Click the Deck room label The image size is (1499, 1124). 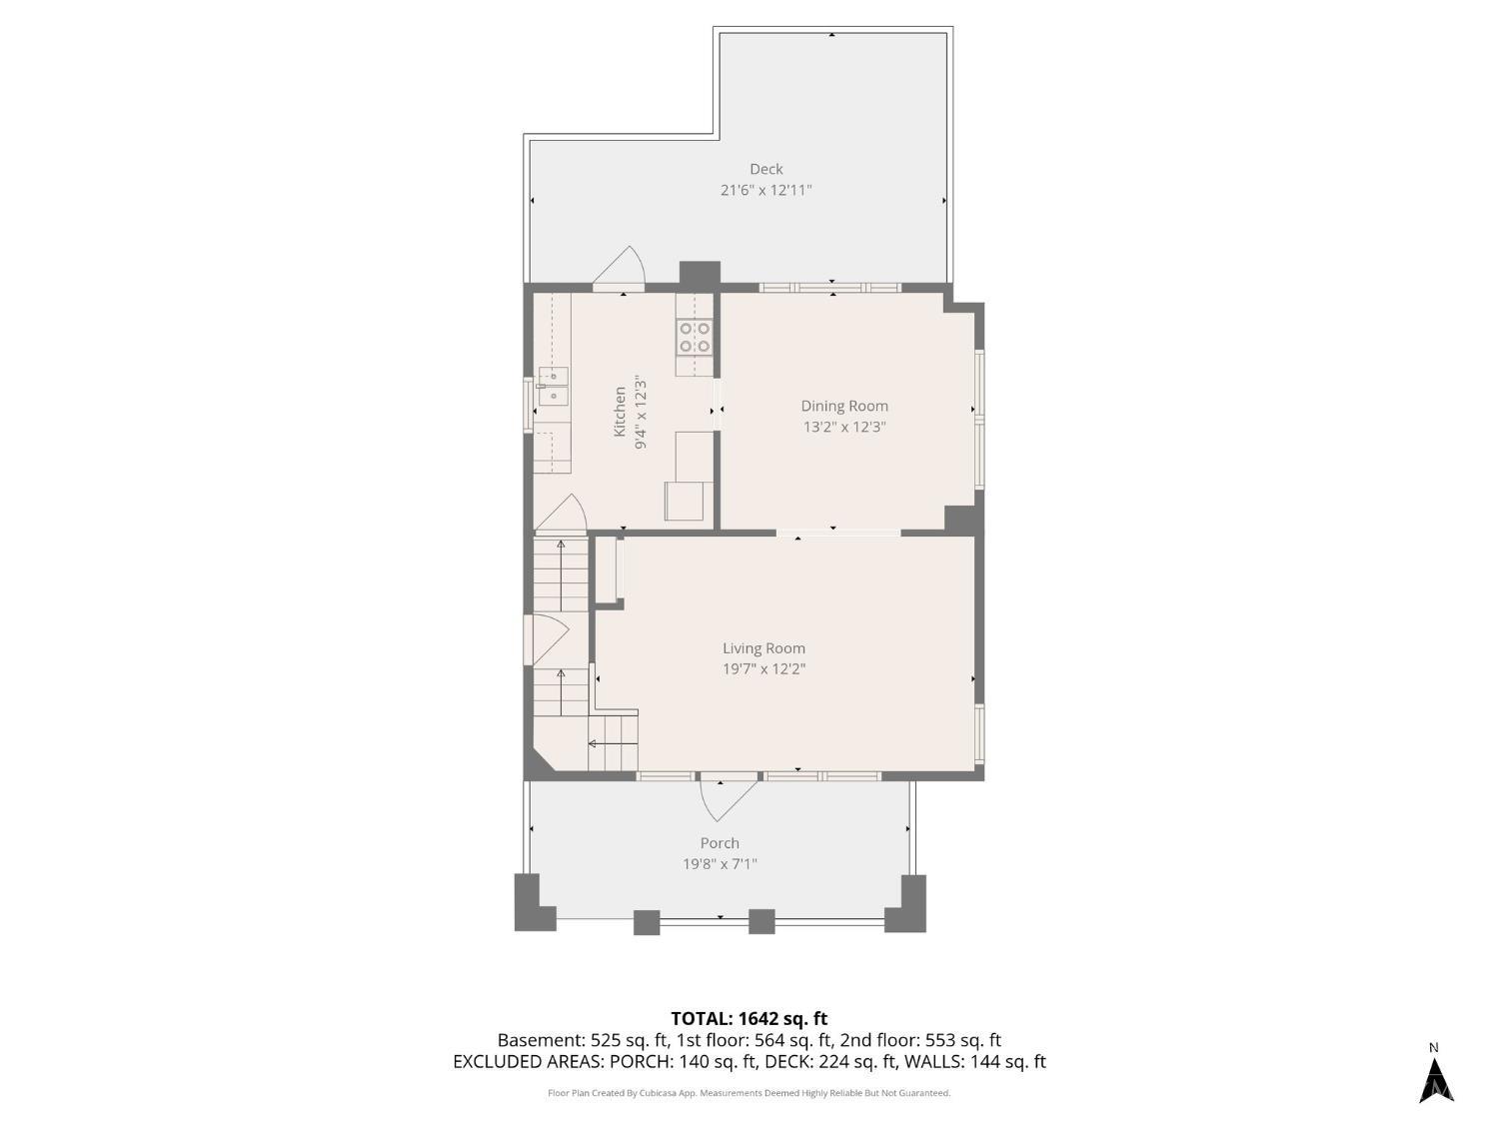coord(765,169)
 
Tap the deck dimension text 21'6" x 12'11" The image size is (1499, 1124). coord(765,191)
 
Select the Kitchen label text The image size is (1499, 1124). coord(620,412)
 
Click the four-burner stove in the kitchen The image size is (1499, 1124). coord(695,338)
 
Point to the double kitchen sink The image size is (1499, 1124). coord(554,387)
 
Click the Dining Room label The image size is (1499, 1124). coord(844,406)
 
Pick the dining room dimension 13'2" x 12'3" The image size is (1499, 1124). coord(844,428)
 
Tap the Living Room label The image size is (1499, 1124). coord(763,648)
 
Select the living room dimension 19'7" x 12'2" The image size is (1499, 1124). coord(763,668)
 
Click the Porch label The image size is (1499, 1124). coord(720,843)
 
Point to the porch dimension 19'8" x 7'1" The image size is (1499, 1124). coord(720,864)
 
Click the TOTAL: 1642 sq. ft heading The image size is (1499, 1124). coord(749,1019)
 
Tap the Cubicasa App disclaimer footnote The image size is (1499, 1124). coord(749,1093)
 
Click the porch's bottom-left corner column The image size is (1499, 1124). coord(534,902)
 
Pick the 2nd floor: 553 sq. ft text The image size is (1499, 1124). coord(920,1041)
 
